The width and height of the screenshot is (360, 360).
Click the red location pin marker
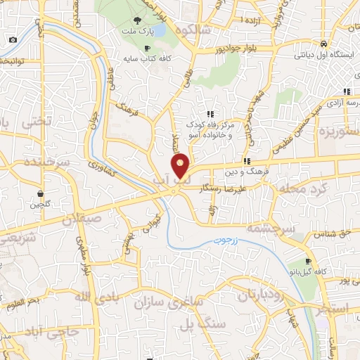(x=181, y=166)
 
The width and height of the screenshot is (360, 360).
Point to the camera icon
(x=13, y=39)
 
